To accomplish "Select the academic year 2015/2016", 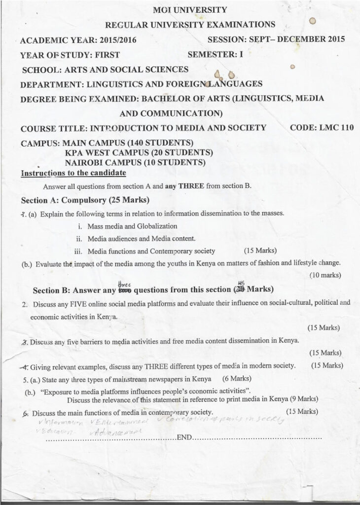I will [119, 40].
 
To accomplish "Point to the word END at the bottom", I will [183, 437].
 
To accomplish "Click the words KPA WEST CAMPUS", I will [103, 152].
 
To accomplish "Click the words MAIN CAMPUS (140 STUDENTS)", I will [125, 143].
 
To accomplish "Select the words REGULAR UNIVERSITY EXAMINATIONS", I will [190, 25].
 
